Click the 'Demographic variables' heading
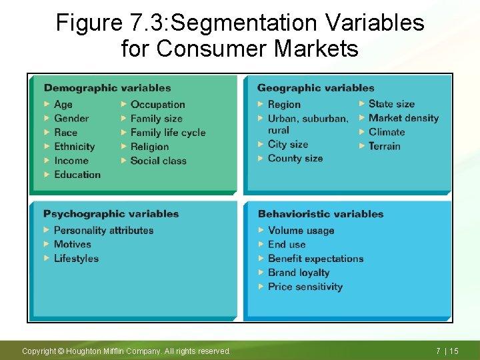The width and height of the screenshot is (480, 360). pyautogui.click(x=107, y=88)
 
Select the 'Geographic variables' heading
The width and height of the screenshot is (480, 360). pyautogui.click(x=315, y=88)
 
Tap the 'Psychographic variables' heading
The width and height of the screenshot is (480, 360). pyautogui.click(x=111, y=214)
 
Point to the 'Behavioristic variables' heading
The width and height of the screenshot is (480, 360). pyautogui.click(x=321, y=214)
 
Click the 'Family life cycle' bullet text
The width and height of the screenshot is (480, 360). pyautogui.click(x=168, y=133)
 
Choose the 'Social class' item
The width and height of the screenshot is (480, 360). pyautogui.click(x=159, y=161)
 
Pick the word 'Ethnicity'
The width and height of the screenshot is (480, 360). pyautogui.click(x=74, y=147)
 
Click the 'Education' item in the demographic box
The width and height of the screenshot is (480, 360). pyautogui.click(x=77, y=175)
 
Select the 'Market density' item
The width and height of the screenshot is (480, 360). pyautogui.click(x=403, y=118)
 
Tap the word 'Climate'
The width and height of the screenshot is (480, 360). pyautogui.click(x=387, y=132)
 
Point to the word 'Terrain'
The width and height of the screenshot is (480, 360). pyautogui.click(x=385, y=146)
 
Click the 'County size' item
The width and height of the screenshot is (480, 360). pyautogui.click(x=295, y=159)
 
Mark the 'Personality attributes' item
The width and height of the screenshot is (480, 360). pyautogui.click(x=103, y=231)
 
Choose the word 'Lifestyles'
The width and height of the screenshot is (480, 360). pyautogui.click(x=76, y=259)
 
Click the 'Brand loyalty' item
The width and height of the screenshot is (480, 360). pyautogui.click(x=299, y=273)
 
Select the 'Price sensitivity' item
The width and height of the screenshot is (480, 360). pyautogui.click(x=305, y=287)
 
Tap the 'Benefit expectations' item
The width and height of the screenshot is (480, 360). pyautogui.click(x=316, y=259)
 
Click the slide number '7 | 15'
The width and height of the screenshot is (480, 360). pyautogui.click(x=447, y=351)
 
